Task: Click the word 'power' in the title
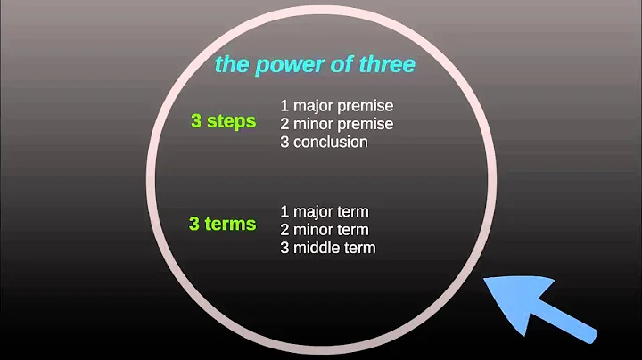279,65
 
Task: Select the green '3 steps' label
223,121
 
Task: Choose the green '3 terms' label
223,225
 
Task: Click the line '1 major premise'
336,105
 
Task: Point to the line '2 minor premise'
336,123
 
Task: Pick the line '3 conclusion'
324,142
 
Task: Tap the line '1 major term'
325,211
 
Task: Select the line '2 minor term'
325,229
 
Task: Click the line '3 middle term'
328,247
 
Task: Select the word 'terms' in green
232,225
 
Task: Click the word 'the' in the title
231,65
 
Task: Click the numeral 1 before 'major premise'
284,105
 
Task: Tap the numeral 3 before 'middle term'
284,247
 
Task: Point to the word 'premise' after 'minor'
366,123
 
